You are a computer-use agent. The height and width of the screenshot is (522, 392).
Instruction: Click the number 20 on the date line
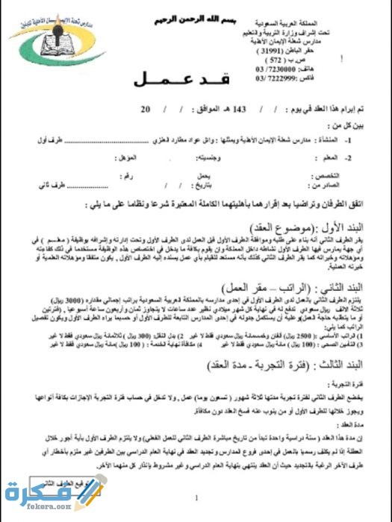pos(145,110)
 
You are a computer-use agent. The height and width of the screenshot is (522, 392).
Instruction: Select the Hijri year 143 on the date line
pos(240,110)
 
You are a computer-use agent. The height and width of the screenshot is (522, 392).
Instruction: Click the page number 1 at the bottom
pos(196,497)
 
